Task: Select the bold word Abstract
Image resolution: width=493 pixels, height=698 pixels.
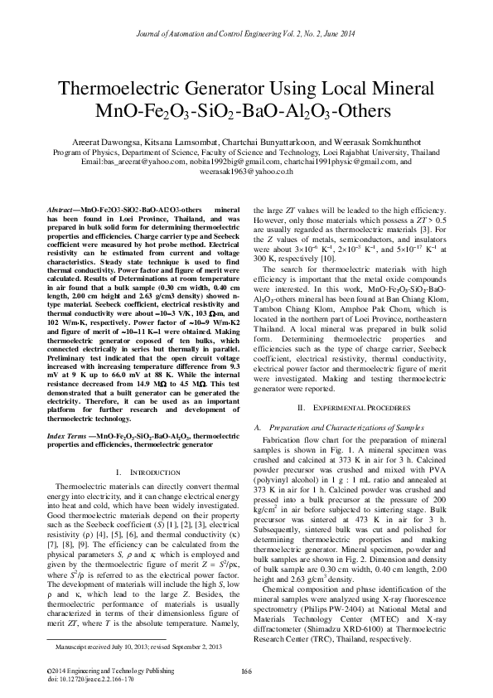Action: click(x=60, y=212)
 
